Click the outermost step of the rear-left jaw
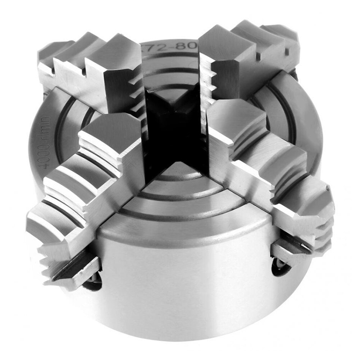point(54,54)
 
